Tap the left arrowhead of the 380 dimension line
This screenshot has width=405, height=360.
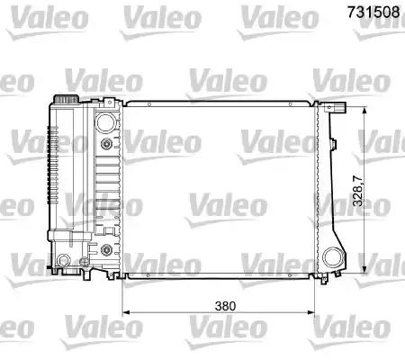pyautogui.click(x=127, y=312)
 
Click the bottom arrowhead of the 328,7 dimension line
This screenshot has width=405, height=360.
pyautogui.click(x=363, y=274)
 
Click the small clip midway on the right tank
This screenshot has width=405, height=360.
pyautogui.click(x=334, y=143)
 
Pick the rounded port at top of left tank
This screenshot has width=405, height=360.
pyautogui.click(x=106, y=121)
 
